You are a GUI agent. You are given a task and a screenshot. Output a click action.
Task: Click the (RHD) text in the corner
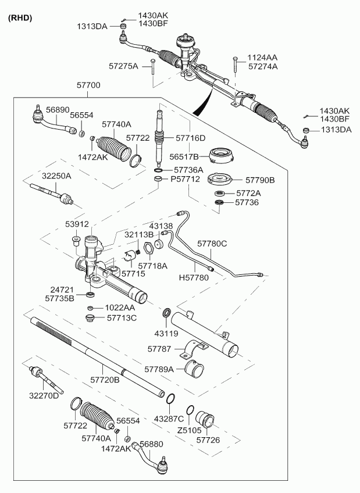[x=20, y=18]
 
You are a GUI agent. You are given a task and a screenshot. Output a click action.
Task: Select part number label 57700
[x=88, y=85]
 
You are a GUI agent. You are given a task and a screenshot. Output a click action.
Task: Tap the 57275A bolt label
[x=123, y=66]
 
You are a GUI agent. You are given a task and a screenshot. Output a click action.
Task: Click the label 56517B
[x=184, y=156]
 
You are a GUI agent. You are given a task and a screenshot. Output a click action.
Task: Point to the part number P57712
[x=185, y=179]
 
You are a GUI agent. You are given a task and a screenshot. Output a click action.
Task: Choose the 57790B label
[x=260, y=180]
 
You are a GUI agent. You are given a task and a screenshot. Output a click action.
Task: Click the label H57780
[x=194, y=278]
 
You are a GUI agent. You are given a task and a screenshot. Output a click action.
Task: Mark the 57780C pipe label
[x=212, y=244]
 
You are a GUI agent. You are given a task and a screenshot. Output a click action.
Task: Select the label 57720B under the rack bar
[x=105, y=380]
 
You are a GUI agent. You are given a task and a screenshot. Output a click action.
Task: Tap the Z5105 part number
[x=189, y=430]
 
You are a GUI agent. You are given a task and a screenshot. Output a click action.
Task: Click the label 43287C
[x=169, y=419]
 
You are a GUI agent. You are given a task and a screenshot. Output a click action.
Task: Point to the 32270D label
[x=44, y=395]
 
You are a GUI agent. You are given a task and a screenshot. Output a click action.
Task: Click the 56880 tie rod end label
[x=152, y=444]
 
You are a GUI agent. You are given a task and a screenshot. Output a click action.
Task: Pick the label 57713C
[x=122, y=318]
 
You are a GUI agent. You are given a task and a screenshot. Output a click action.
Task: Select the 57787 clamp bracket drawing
[x=194, y=349]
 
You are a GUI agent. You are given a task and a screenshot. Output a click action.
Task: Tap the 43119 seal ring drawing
[x=167, y=313]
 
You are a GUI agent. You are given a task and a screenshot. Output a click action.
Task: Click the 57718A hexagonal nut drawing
[x=149, y=248]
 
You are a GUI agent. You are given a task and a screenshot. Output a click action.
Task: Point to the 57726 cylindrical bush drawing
[x=205, y=419]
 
